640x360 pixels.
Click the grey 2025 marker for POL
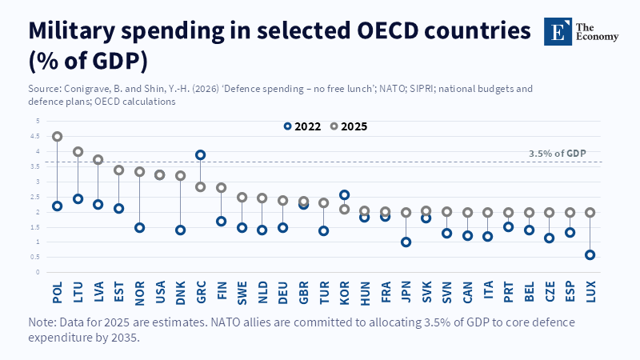click(x=58, y=137)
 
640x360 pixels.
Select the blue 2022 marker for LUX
click(x=590, y=255)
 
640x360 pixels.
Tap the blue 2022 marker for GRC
click(x=201, y=154)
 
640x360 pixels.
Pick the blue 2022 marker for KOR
click(x=344, y=194)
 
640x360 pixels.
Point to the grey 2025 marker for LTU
click(x=78, y=152)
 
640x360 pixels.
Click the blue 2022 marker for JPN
click(x=406, y=242)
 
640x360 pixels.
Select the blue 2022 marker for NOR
click(x=139, y=227)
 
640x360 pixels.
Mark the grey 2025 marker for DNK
click(x=181, y=175)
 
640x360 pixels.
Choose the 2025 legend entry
click(x=349, y=126)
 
